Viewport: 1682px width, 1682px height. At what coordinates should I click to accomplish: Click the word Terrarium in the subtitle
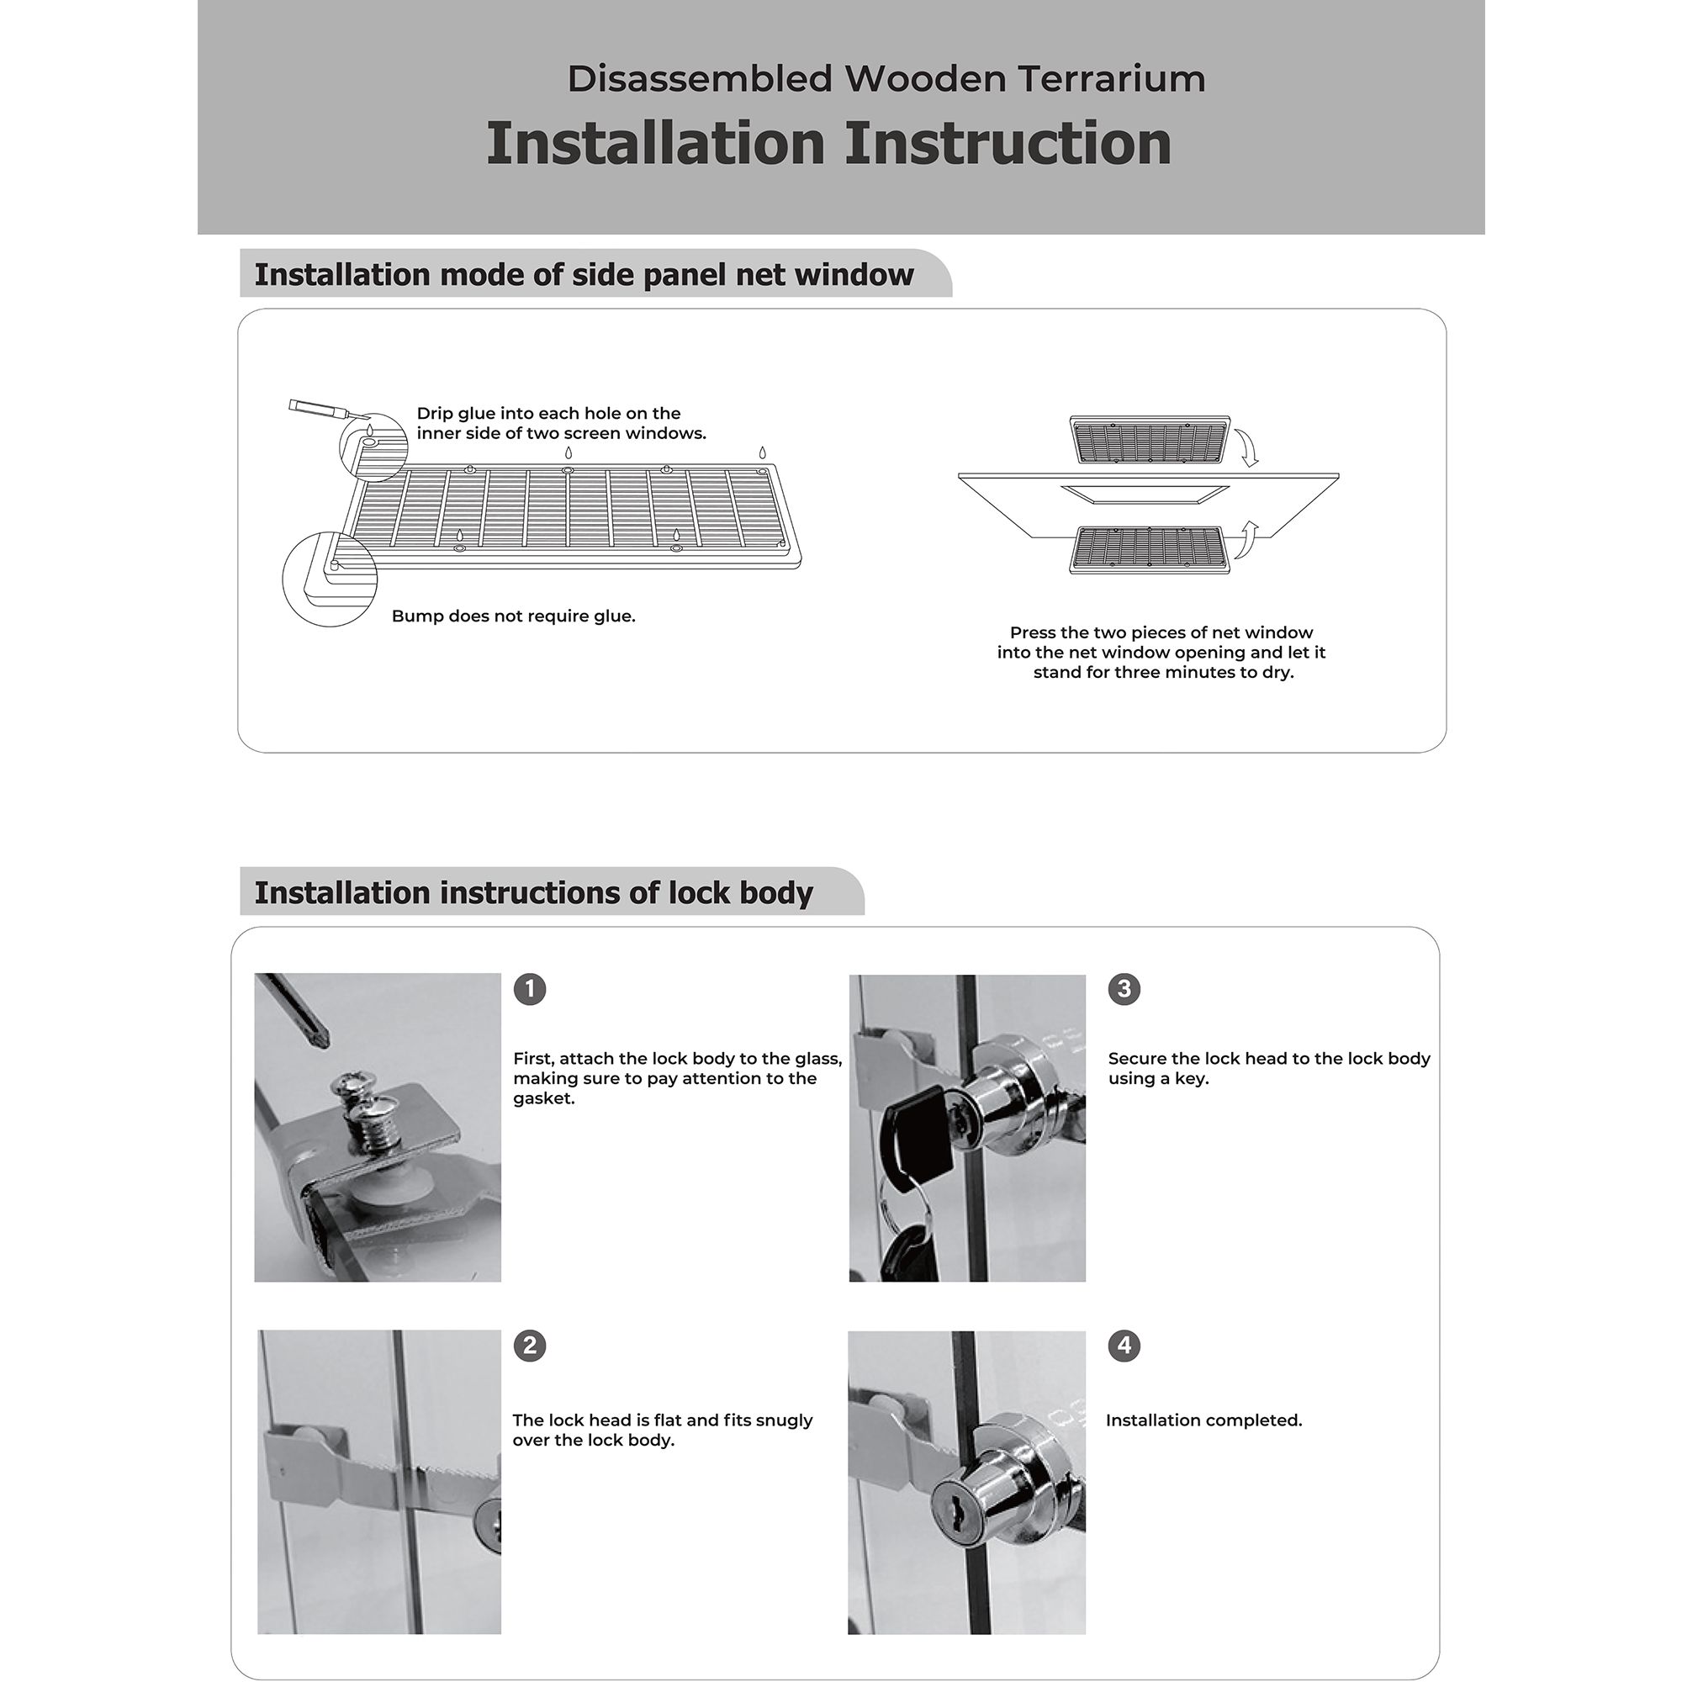(1111, 79)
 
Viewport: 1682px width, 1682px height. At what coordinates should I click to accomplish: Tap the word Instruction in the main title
(1008, 143)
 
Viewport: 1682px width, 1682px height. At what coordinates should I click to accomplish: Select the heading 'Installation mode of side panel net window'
(584, 275)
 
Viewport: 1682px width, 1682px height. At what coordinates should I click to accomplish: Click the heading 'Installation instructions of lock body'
(533, 893)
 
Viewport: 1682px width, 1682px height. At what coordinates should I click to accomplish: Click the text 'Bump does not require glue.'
(514, 616)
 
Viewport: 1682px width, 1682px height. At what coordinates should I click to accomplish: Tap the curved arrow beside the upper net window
(1248, 447)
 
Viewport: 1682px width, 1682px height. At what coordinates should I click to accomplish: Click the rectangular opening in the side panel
(1144, 495)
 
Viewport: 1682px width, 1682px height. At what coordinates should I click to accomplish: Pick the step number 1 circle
(529, 989)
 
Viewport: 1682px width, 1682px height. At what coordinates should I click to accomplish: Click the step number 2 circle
(529, 1346)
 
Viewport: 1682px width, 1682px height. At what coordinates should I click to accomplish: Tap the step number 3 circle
(1124, 989)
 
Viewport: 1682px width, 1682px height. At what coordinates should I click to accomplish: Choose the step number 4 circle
(1124, 1346)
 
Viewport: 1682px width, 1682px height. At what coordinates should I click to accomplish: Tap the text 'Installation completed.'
(1204, 1420)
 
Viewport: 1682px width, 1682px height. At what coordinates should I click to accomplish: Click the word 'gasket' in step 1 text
(542, 1099)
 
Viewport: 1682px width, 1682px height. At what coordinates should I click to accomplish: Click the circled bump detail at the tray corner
(329, 579)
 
